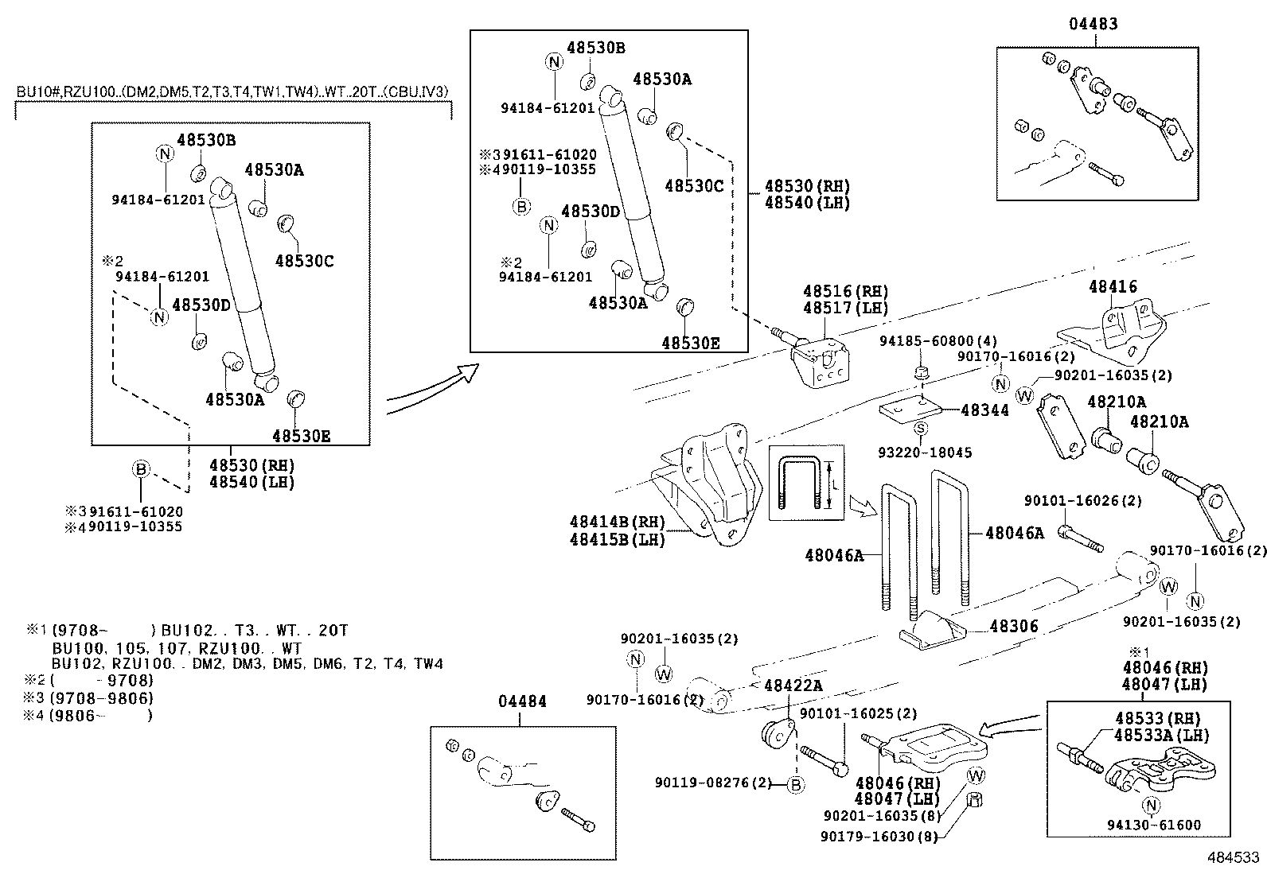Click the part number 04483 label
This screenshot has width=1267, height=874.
point(1093,24)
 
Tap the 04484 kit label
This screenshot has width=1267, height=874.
point(522,701)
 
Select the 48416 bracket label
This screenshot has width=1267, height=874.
point(1113,287)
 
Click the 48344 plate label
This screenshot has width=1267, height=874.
point(984,410)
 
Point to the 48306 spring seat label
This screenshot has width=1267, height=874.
point(1014,627)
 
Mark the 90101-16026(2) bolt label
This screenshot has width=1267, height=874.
point(1082,501)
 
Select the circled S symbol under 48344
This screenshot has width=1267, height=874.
point(920,429)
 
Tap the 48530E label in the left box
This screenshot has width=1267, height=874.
point(301,436)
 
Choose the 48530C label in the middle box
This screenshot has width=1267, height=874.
point(694,185)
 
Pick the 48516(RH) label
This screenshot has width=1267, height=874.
point(845,292)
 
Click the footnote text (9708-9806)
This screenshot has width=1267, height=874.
point(101,698)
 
